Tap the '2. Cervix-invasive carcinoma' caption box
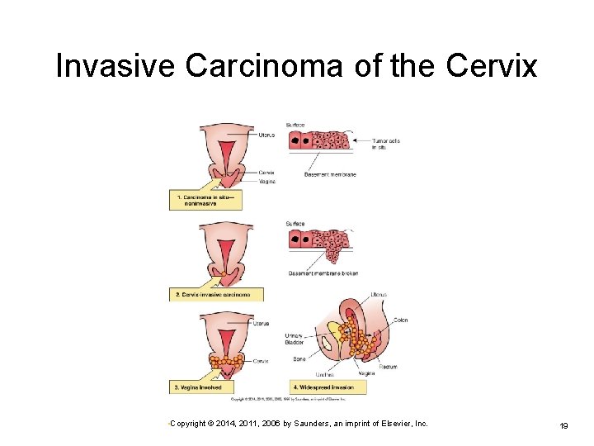[x=218, y=294]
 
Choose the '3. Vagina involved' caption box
[x=201, y=387]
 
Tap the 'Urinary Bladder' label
[x=294, y=339]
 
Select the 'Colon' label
[x=401, y=320]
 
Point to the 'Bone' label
[x=299, y=358]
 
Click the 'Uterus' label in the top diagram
[x=266, y=135]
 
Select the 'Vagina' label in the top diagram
[x=266, y=182]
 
